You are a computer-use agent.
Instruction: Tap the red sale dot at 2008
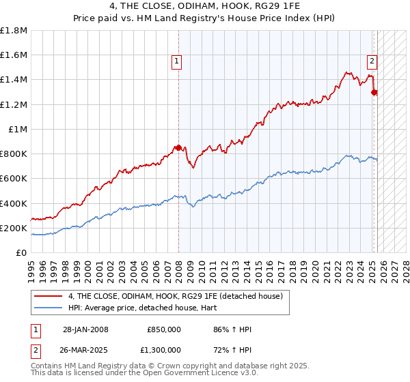pos(178,147)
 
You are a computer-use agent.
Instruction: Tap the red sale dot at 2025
pos(374,92)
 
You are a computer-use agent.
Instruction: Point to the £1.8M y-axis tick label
pos(14,31)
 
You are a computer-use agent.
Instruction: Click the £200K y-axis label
pos(14,228)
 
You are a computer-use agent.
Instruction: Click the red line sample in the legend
pos(49,295)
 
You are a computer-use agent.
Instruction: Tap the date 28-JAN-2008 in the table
pos(85,329)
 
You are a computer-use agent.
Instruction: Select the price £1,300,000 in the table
pos(164,349)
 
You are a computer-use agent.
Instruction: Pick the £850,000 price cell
pos(164,329)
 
